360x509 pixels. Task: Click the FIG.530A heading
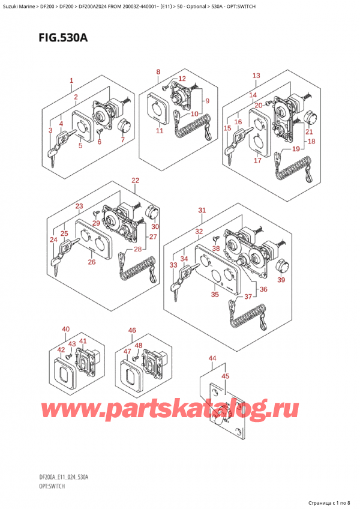tap(63, 38)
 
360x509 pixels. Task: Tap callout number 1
tap(71, 80)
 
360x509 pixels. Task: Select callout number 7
tap(123, 140)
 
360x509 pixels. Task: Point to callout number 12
tap(182, 78)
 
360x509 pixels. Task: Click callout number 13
tap(256, 75)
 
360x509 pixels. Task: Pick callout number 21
tap(309, 131)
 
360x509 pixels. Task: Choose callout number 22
tap(136, 180)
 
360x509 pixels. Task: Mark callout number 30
tap(155, 226)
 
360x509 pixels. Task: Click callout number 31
tap(202, 210)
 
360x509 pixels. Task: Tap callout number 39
tap(281, 280)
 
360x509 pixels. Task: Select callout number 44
tap(212, 358)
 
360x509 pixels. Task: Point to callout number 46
tap(132, 331)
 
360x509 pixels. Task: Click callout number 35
tap(215, 295)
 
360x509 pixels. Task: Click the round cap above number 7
tap(123, 126)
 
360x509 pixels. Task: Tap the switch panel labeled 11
tap(157, 109)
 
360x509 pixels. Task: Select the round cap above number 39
tap(281, 266)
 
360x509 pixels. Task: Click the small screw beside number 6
tap(99, 131)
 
